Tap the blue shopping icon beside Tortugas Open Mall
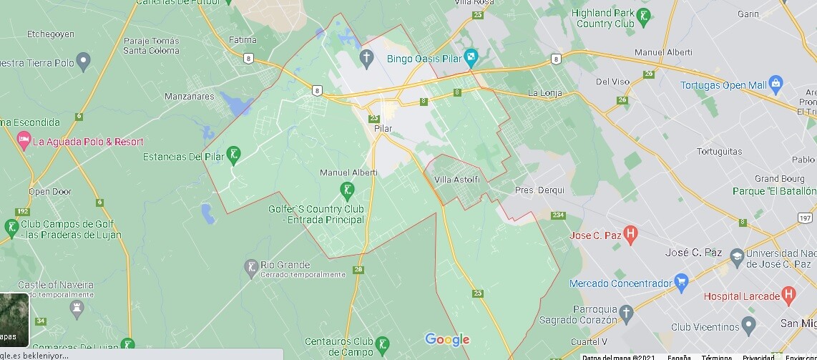point(776,84)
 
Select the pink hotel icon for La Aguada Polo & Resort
point(24,141)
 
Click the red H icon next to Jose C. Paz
point(630,233)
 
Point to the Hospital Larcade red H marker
point(788,294)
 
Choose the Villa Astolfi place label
point(456,179)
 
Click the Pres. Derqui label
point(539,190)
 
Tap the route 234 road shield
point(558,215)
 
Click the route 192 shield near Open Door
point(23,211)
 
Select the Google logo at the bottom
point(447,340)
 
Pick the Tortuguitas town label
point(718,152)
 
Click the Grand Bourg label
point(779,179)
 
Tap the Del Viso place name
point(612,82)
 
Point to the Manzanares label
point(189,96)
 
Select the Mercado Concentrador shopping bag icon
point(681,281)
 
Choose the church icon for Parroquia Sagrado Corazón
point(627,313)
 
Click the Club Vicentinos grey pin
point(748,326)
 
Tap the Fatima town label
point(242,40)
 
